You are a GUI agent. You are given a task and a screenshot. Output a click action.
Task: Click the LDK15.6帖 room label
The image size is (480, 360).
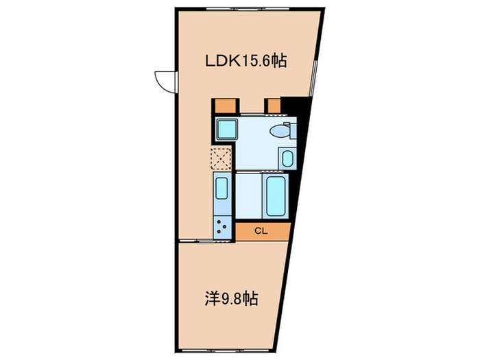click(245, 61)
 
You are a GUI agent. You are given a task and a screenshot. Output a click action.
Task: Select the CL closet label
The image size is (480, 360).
click(261, 231)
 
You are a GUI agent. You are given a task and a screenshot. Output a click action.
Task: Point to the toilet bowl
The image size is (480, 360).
click(280, 130)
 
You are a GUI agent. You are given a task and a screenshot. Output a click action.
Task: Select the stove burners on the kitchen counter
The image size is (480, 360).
click(221, 227)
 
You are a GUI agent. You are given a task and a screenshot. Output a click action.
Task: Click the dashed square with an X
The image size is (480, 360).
click(221, 158)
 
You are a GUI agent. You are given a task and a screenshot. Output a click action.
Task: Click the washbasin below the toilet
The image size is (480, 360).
click(287, 158)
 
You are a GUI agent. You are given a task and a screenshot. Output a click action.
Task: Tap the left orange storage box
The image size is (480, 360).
click(224, 106)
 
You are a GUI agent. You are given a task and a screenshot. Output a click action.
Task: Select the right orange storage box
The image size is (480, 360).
click(273, 106)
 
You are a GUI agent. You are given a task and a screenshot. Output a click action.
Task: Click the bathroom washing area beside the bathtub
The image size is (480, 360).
click(249, 196)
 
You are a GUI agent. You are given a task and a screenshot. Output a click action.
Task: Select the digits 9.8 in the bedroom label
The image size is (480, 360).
click(234, 299)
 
